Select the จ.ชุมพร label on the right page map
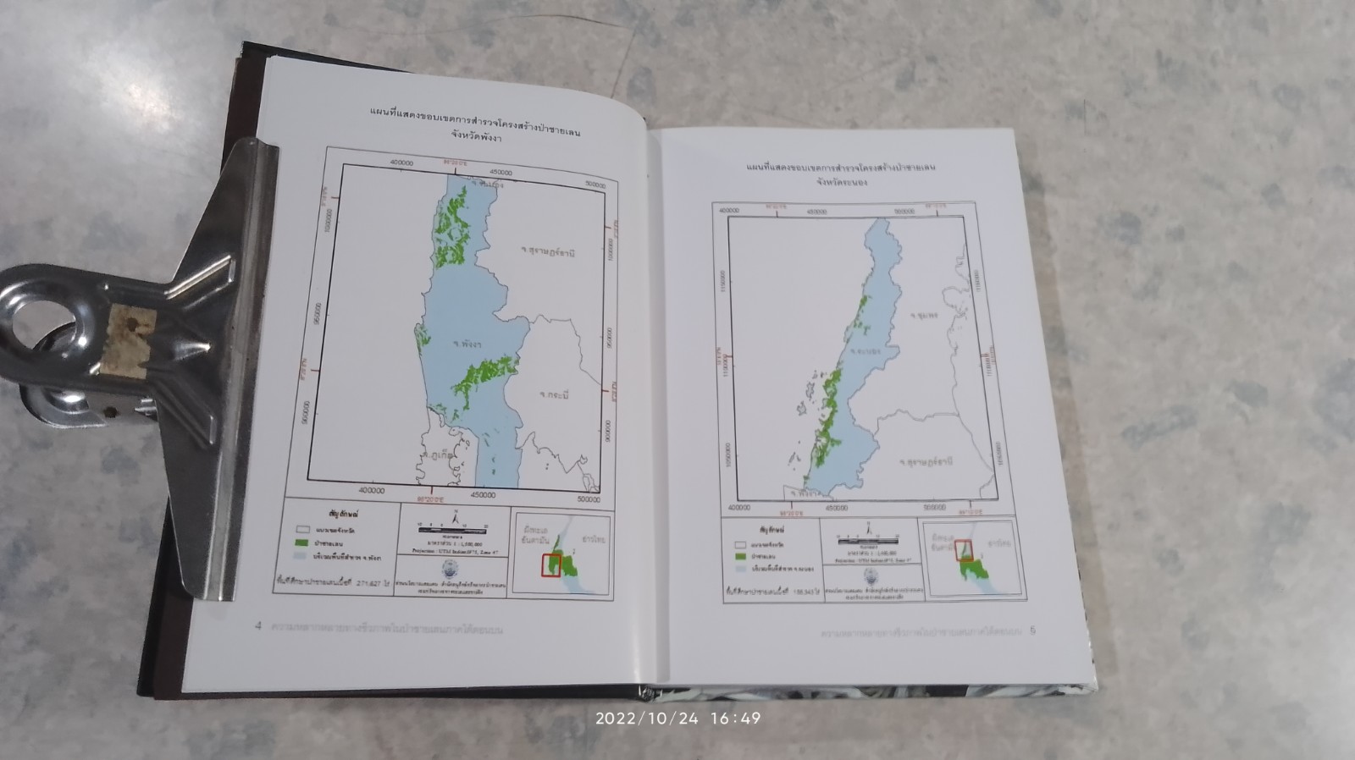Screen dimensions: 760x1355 [x=926, y=315]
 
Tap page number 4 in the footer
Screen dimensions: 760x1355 [x=258, y=627]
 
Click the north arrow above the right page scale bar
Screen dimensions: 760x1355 [x=868, y=528]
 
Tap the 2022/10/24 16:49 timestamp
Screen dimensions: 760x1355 [x=677, y=719]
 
